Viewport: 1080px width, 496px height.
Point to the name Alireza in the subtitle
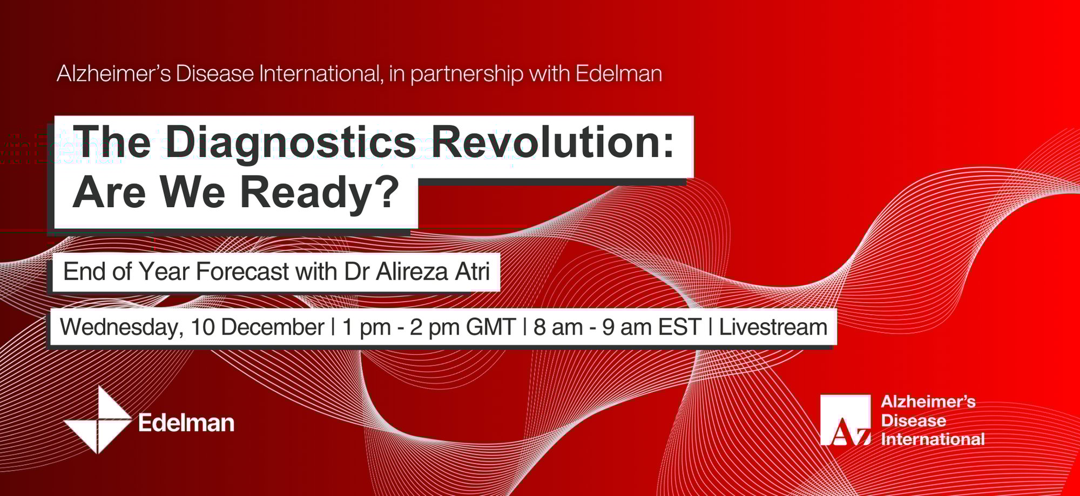(411, 271)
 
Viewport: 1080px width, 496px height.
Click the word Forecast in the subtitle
(242, 271)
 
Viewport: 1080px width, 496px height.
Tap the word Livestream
(773, 328)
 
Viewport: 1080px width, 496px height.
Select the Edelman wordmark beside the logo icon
(186, 423)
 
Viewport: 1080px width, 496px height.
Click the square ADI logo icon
(845, 420)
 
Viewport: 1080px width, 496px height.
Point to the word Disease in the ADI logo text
(913, 420)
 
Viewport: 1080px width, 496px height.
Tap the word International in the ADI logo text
(933, 439)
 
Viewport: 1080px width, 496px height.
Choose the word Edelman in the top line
(619, 73)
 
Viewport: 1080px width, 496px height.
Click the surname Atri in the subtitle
(473, 271)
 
